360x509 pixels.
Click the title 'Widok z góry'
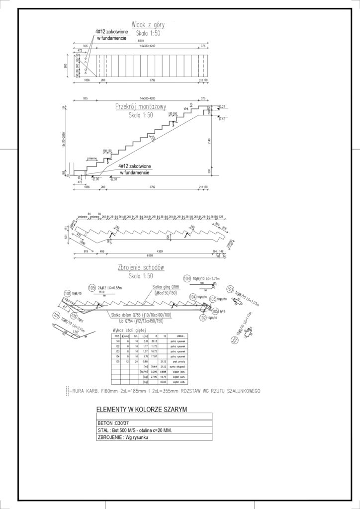click(x=148, y=24)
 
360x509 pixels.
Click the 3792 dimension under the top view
click(x=152, y=79)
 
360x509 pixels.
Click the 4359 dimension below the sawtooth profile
click(x=160, y=251)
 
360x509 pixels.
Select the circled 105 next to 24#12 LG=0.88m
click(x=91, y=287)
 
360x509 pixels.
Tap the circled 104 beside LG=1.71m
click(x=187, y=278)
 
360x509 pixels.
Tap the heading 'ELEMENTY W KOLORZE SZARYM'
click(x=140, y=410)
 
